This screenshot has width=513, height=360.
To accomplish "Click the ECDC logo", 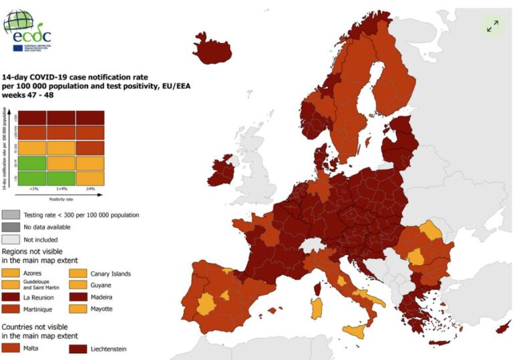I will pyautogui.click(x=27, y=29).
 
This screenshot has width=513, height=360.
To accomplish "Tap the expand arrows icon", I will pyautogui.click(x=492, y=26).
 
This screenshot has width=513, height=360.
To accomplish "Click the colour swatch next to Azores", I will pyautogui.click(x=10, y=273).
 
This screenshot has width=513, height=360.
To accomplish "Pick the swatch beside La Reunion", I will pyautogui.click(x=10, y=297).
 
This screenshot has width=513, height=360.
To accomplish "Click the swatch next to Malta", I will pyautogui.click(x=10, y=348).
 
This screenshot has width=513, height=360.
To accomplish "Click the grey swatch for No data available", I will pyautogui.click(x=10, y=227).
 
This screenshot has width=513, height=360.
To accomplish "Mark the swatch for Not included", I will pyautogui.click(x=10, y=239).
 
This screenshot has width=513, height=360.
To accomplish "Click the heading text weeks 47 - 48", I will pyautogui.click(x=27, y=95).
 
